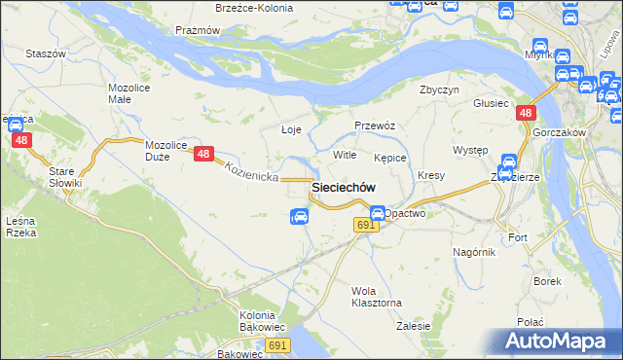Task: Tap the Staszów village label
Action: (x=45, y=54)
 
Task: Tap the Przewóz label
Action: (x=374, y=125)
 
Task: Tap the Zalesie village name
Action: (x=414, y=326)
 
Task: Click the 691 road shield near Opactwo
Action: (x=364, y=225)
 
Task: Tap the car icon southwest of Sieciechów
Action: (x=300, y=217)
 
